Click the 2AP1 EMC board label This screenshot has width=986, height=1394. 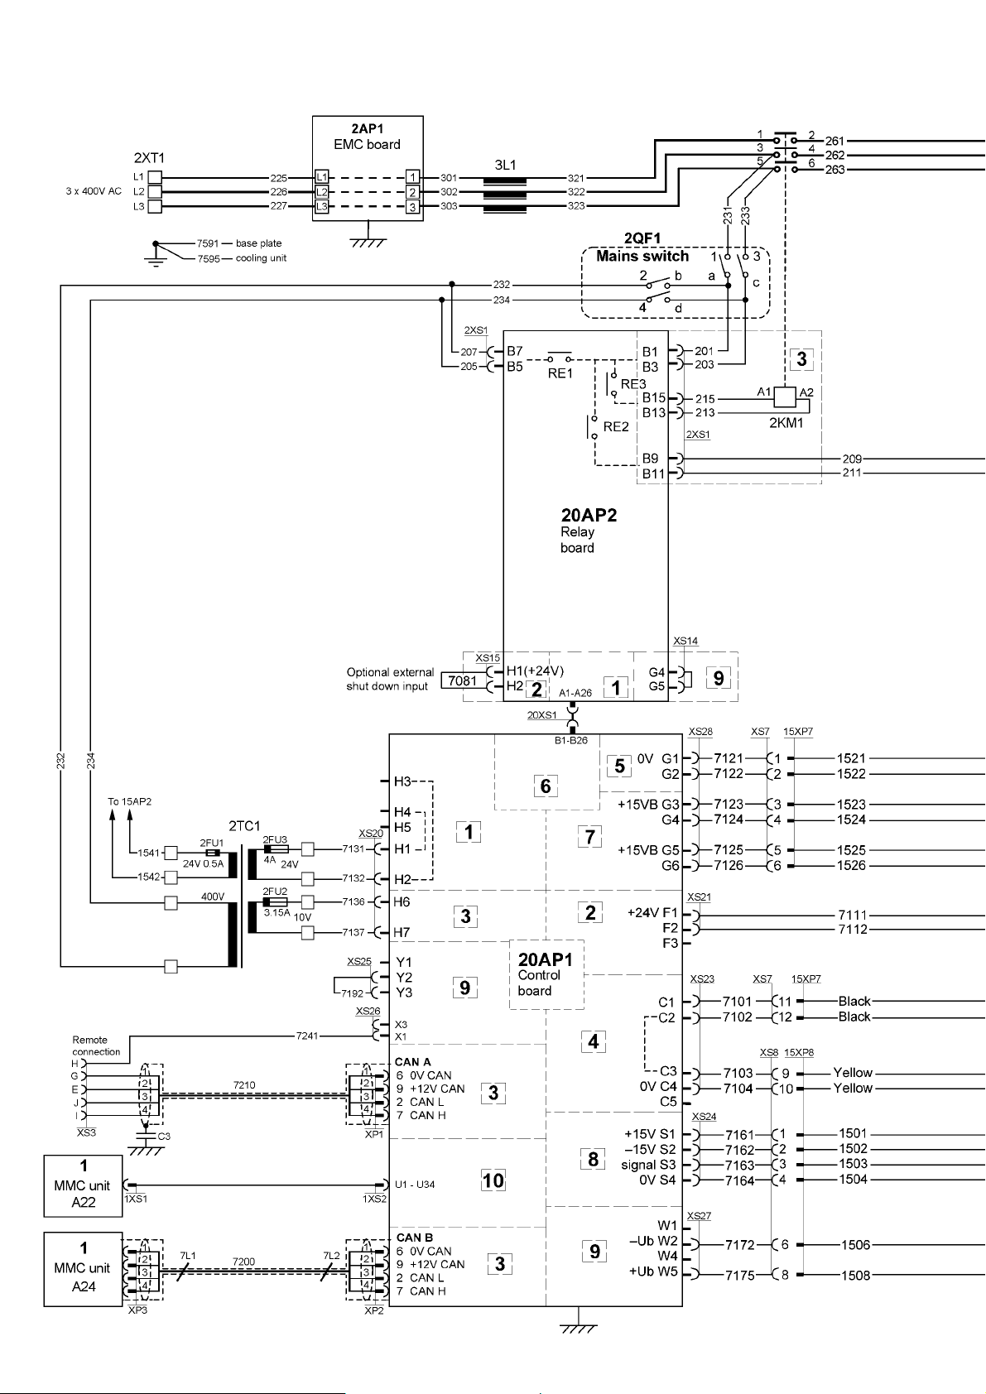click(368, 137)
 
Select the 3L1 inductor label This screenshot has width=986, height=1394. click(505, 165)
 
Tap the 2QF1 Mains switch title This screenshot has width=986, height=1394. click(642, 247)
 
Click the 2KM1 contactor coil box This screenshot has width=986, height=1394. click(785, 397)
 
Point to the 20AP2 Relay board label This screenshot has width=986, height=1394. click(589, 531)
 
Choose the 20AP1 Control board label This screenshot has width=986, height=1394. click(545, 974)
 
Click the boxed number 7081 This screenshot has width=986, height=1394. click(463, 680)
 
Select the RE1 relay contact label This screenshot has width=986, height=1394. click(560, 373)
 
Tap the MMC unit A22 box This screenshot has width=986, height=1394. click(83, 1185)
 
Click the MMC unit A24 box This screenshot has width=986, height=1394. click(83, 1267)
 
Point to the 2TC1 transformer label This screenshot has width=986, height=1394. click(244, 826)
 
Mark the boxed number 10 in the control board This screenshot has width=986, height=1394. click(493, 1180)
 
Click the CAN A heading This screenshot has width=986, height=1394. click(413, 1062)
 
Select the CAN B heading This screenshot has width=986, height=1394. click(415, 1238)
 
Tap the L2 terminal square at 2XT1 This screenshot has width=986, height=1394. click(154, 192)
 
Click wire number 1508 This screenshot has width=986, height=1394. click(855, 1275)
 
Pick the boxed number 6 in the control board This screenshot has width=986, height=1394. click(546, 786)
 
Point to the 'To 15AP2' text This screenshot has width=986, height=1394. click(129, 801)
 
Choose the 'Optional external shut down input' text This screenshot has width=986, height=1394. click(390, 679)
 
